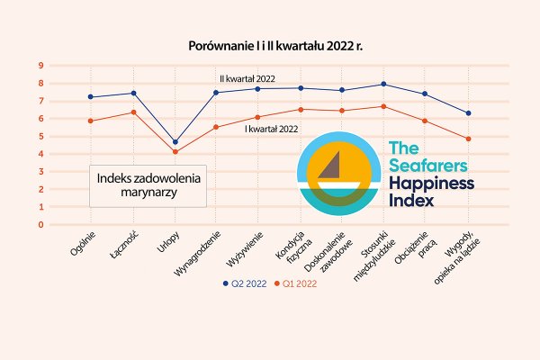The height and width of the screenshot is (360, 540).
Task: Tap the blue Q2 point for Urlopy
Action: click(x=175, y=142)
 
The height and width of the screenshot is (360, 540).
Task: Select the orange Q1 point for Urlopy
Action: click(x=175, y=151)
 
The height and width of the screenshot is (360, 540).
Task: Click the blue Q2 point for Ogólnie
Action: click(x=91, y=97)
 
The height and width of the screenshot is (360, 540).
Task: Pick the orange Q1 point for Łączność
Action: click(x=133, y=112)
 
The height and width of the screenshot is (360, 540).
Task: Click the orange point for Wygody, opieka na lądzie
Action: click(x=468, y=139)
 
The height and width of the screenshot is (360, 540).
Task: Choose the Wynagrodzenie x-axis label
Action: click(x=203, y=252)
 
